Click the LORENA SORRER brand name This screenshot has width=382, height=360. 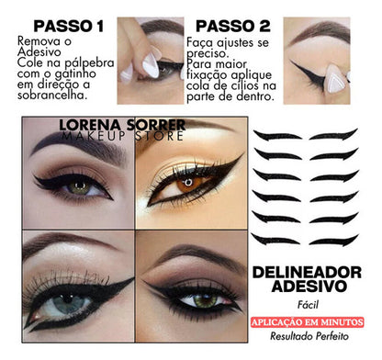(x=135, y=122)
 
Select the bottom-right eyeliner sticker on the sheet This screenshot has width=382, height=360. (x=333, y=241)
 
